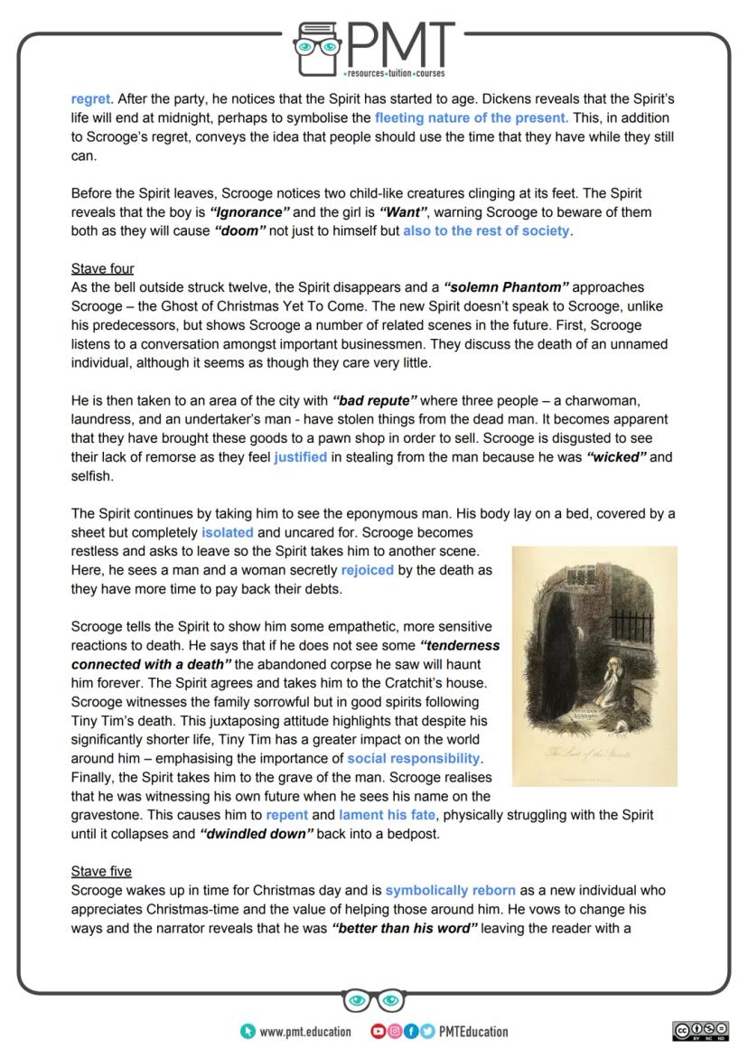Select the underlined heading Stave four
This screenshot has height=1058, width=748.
[x=102, y=268]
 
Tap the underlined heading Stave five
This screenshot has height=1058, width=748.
[x=101, y=871]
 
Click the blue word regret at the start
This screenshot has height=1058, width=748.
[x=90, y=100]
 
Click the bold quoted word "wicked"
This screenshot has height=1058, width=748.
[x=618, y=457]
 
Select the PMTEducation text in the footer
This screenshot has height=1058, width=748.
[x=472, y=1031]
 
